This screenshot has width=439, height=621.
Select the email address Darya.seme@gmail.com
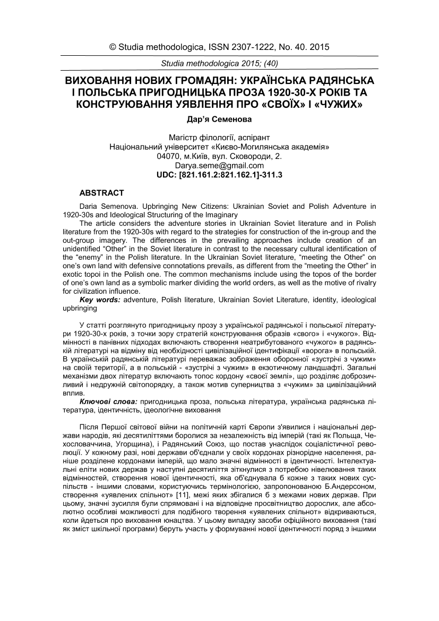tap(219, 165)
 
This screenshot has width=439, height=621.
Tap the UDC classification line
tap(219, 174)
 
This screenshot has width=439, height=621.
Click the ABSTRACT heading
tap(101, 193)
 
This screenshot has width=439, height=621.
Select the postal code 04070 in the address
tap(169, 157)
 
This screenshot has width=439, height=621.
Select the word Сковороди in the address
tap(256, 157)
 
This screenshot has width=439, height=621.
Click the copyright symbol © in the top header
tap(113, 47)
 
